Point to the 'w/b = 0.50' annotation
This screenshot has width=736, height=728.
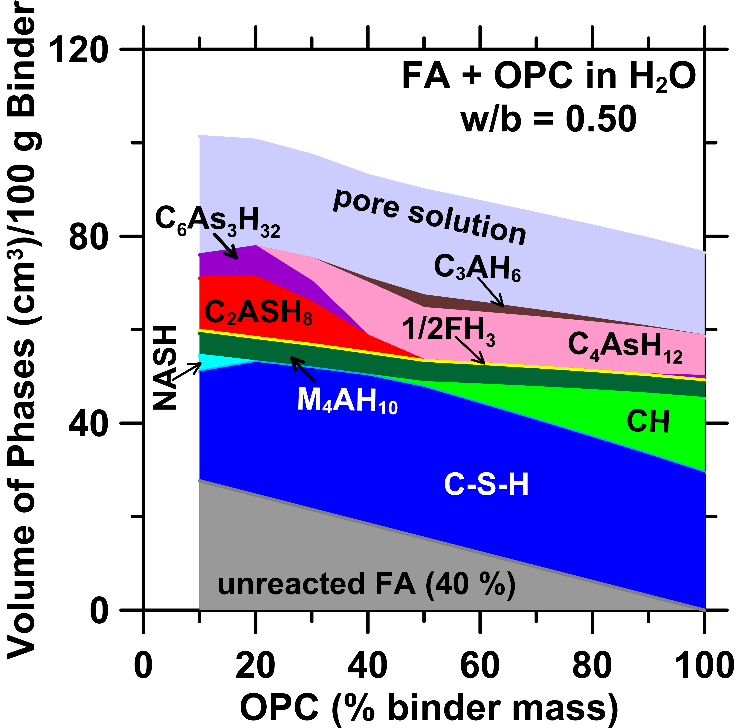[x=549, y=119]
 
